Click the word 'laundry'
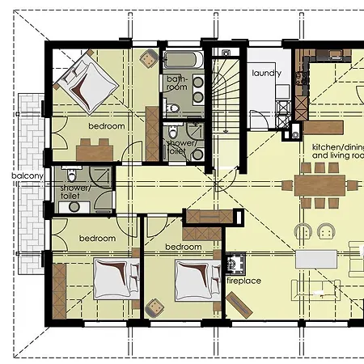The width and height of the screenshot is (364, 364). click(266, 73)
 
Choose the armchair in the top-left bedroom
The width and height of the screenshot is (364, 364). click(148, 60)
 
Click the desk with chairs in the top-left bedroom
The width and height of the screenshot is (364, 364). click(95, 150)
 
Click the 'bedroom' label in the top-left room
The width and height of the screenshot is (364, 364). click(106, 127)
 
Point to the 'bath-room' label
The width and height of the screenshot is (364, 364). click(176, 83)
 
